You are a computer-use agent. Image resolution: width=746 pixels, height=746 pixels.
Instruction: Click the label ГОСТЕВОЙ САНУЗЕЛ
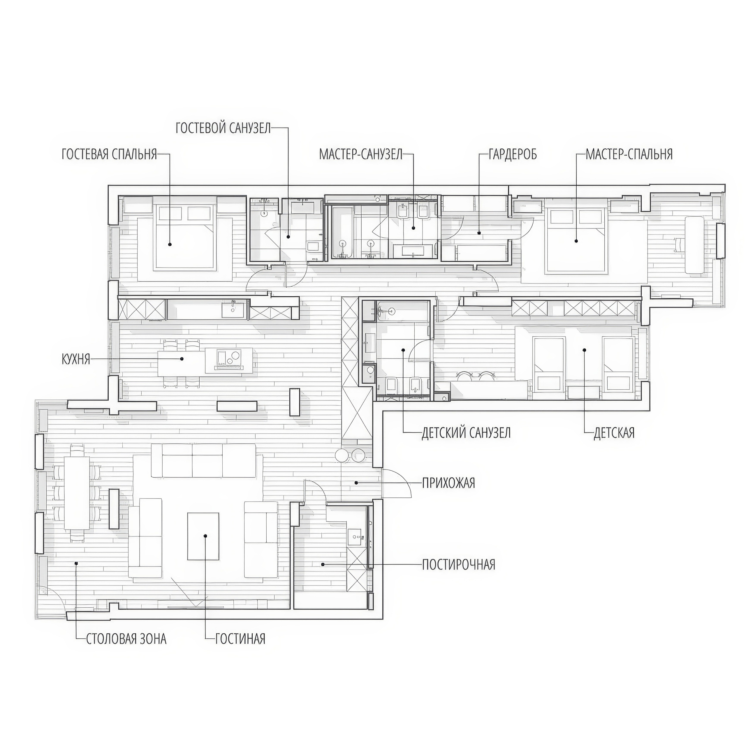click(x=223, y=128)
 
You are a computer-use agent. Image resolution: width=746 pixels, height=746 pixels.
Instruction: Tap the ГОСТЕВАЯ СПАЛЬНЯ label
click(x=109, y=154)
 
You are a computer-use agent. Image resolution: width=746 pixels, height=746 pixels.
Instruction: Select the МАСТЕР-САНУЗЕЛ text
click(x=361, y=154)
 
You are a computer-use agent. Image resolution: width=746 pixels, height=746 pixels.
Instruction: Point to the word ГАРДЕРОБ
click(x=513, y=154)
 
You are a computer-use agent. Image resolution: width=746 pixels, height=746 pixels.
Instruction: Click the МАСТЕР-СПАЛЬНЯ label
click(x=629, y=154)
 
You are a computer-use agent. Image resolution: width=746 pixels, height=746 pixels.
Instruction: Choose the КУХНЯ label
click(x=76, y=359)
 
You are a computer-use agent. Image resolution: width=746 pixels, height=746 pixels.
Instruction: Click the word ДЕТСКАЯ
click(x=614, y=433)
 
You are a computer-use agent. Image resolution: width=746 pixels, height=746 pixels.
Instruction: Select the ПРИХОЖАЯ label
click(x=448, y=483)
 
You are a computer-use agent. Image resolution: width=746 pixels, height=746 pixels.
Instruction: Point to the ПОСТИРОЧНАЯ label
click(x=458, y=564)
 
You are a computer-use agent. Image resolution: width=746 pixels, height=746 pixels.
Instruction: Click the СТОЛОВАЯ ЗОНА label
click(x=126, y=639)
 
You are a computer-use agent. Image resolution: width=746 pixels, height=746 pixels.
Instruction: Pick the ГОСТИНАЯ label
click(x=240, y=639)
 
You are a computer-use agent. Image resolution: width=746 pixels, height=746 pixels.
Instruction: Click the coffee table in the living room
click(x=203, y=536)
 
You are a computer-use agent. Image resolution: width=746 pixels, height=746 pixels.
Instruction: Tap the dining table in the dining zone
click(x=77, y=493)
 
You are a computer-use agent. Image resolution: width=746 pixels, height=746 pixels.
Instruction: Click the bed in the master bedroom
click(x=575, y=240)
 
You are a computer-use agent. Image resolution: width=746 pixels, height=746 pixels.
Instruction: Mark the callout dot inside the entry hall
click(x=356, y=483)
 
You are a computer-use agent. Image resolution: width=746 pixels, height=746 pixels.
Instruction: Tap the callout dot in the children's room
click(x=585, y=350)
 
